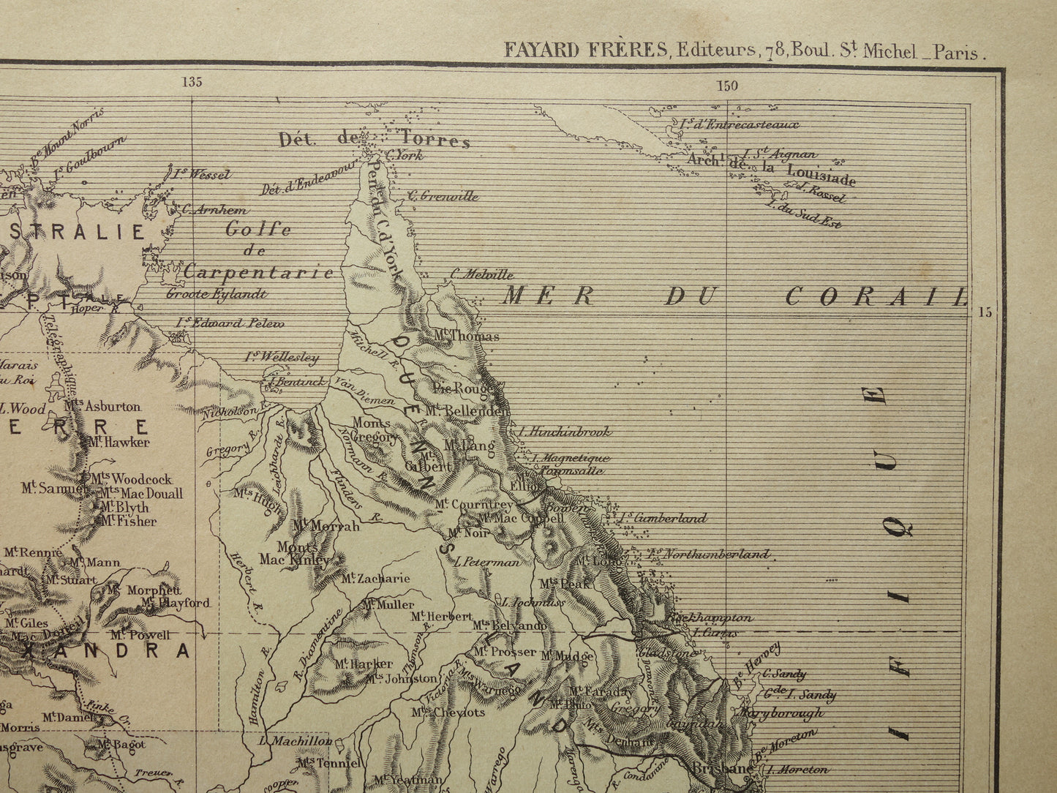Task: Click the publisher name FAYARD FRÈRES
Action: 585,50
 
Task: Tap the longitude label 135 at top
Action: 192,82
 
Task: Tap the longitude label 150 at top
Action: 727,86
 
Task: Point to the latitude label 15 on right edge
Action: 985,312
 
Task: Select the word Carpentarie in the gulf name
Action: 258,273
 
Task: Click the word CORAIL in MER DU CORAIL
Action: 875,296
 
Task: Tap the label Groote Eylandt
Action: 217,294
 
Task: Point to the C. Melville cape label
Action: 482,275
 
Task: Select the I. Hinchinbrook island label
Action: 563,432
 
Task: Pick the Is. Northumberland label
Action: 709,555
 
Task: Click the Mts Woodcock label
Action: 132,479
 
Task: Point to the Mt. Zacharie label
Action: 375,579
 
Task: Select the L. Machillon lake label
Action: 296,741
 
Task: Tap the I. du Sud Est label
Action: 803,214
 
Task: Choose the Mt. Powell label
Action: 141,635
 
